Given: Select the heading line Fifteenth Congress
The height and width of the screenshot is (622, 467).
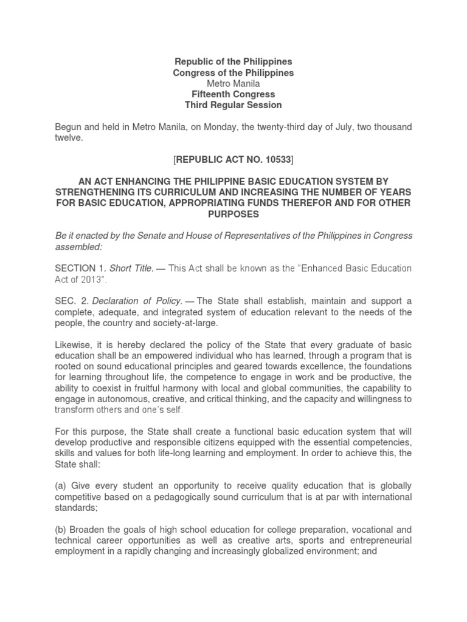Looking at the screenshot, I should point(233,94).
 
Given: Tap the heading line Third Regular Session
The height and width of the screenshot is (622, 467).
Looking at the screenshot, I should point(233,105).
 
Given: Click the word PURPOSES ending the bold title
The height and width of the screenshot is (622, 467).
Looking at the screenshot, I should point(233,214).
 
